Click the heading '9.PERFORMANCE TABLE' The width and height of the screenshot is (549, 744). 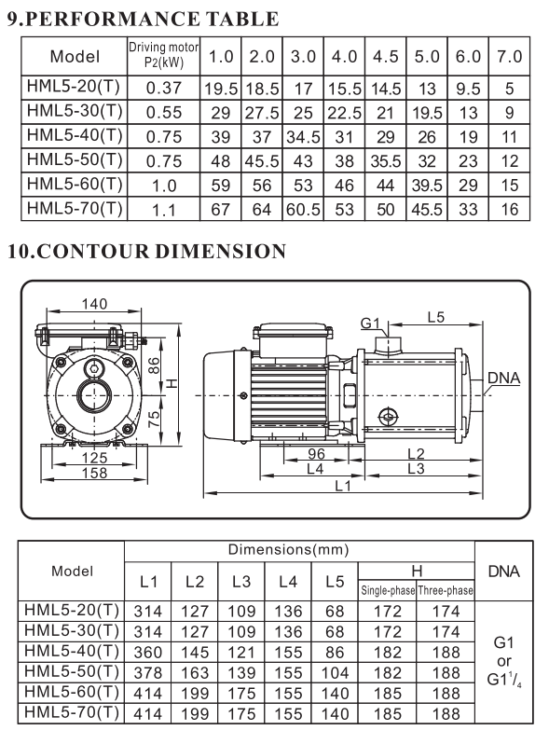tap(143, 19)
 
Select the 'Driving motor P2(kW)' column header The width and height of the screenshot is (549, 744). tap(164, 55)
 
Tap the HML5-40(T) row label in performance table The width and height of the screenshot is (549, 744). tap(75, 135)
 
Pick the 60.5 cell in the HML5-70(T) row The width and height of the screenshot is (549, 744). tap(303, 209)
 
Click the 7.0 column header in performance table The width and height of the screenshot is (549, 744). tap(509, 56)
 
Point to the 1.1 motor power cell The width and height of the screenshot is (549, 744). tap(164, 210)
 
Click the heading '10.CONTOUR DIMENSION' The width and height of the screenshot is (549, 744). tap(146, 251)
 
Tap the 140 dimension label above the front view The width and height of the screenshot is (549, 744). tap(94, 304)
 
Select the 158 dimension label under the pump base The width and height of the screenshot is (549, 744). tap(94, 473)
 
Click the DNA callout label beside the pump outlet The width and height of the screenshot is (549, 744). tap(503, 378)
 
